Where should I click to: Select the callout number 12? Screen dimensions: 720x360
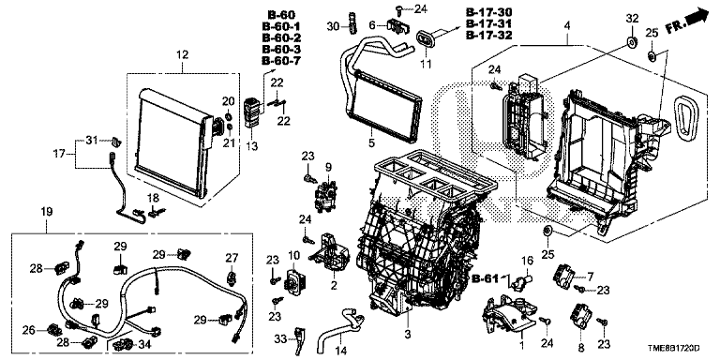(x=182, y=55)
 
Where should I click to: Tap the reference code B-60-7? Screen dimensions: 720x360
(x=281, y=61)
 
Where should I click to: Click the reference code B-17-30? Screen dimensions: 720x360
(x=489, y=12)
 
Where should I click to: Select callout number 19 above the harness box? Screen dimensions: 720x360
(x=46, y=212)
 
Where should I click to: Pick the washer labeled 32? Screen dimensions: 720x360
(x=632, y=42)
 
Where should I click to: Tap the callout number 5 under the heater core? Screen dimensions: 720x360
(x=371, y=142)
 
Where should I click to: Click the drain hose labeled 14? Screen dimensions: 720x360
(x=341, y=327)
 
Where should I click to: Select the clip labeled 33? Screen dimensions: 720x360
(x=301, y=339)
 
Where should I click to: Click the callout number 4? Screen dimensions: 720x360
(x=567, y=26)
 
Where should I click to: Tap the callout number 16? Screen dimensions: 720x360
(x=528, y=262)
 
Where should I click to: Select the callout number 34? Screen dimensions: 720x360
(x=143, y=343)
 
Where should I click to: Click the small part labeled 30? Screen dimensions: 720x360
(x=352, y=22)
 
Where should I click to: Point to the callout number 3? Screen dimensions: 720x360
(x=407, y=335)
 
